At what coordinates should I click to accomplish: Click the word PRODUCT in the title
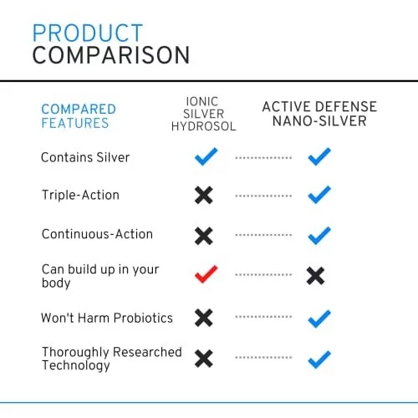point(88,33)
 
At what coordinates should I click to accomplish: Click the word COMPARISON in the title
point(111,55)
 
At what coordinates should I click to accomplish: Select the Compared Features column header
point(79,116)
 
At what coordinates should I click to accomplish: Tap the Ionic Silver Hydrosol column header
point(204,114)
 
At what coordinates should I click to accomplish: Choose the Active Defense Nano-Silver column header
point(319,114)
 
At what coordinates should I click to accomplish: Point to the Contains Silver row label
point(85,157)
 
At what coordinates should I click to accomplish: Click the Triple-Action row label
point(80,195)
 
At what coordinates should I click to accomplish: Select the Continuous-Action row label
point(97,234)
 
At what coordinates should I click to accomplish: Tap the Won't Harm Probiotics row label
point(107,318)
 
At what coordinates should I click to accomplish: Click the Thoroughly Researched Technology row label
point(112,359)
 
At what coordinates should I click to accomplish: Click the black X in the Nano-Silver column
point(315,276)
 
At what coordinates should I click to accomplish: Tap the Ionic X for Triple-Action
point(204,195)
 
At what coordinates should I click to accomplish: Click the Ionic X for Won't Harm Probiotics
point(204,318)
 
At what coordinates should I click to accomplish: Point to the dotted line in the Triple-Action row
point(263,196)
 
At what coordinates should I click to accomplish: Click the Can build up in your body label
point(100,276)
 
